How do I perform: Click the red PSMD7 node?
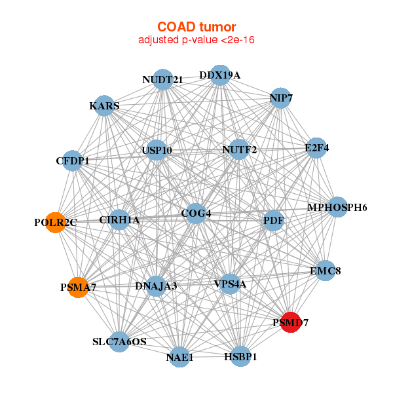(290, 322)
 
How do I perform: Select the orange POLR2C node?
(56, 223)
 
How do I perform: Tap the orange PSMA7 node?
(78, 287)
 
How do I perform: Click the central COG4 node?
(196, 214)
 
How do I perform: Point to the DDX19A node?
(220, 75)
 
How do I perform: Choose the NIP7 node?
(280, 98)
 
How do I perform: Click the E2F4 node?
(316, 149)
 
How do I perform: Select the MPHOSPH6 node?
(337, 208)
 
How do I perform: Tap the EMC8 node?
(326, 271)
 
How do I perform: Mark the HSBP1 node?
(240, 356)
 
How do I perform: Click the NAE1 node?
(179, 357)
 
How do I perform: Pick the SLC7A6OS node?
(119, 341)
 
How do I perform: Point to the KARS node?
(105, 105)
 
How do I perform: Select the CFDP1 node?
(73, 160)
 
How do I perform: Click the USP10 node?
(157, 151)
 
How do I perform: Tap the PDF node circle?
(273, 221)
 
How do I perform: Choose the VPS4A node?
(230, 284)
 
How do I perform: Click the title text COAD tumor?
(196, 27)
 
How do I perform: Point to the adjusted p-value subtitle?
(196, 40)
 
